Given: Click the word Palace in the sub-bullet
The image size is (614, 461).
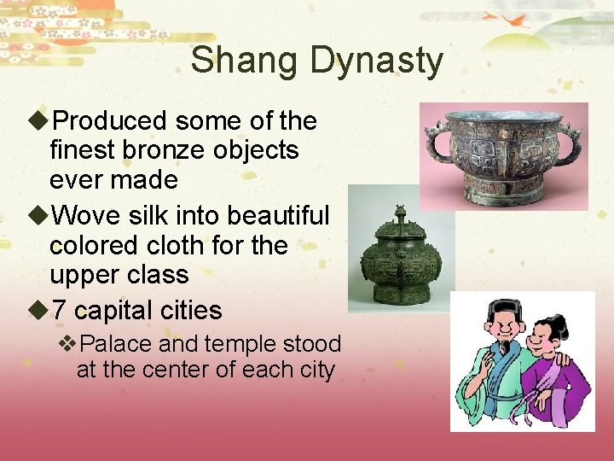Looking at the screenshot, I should click(x=119, y=344).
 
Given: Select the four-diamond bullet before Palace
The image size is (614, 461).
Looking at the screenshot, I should click(x=68, y=344).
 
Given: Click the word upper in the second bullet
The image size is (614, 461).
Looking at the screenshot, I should click(x=83, y=275).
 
